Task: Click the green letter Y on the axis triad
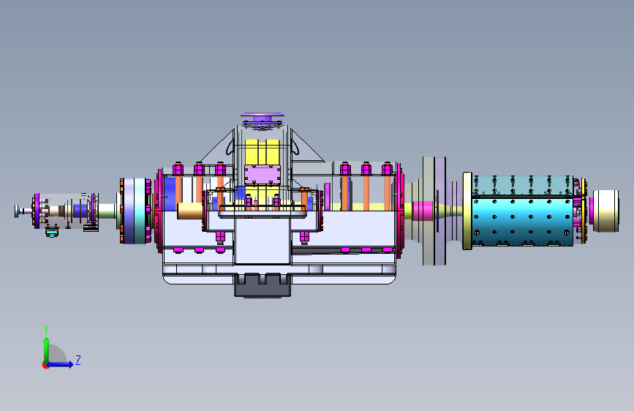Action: pos(46,328)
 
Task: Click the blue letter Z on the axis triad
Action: pos(78,360)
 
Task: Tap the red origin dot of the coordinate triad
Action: pos(45,365)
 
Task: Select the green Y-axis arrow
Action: pos(47,350)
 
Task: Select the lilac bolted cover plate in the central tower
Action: pos(263,174)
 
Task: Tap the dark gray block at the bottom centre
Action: pos(263,285)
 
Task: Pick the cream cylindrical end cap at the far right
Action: pos(605,211)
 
